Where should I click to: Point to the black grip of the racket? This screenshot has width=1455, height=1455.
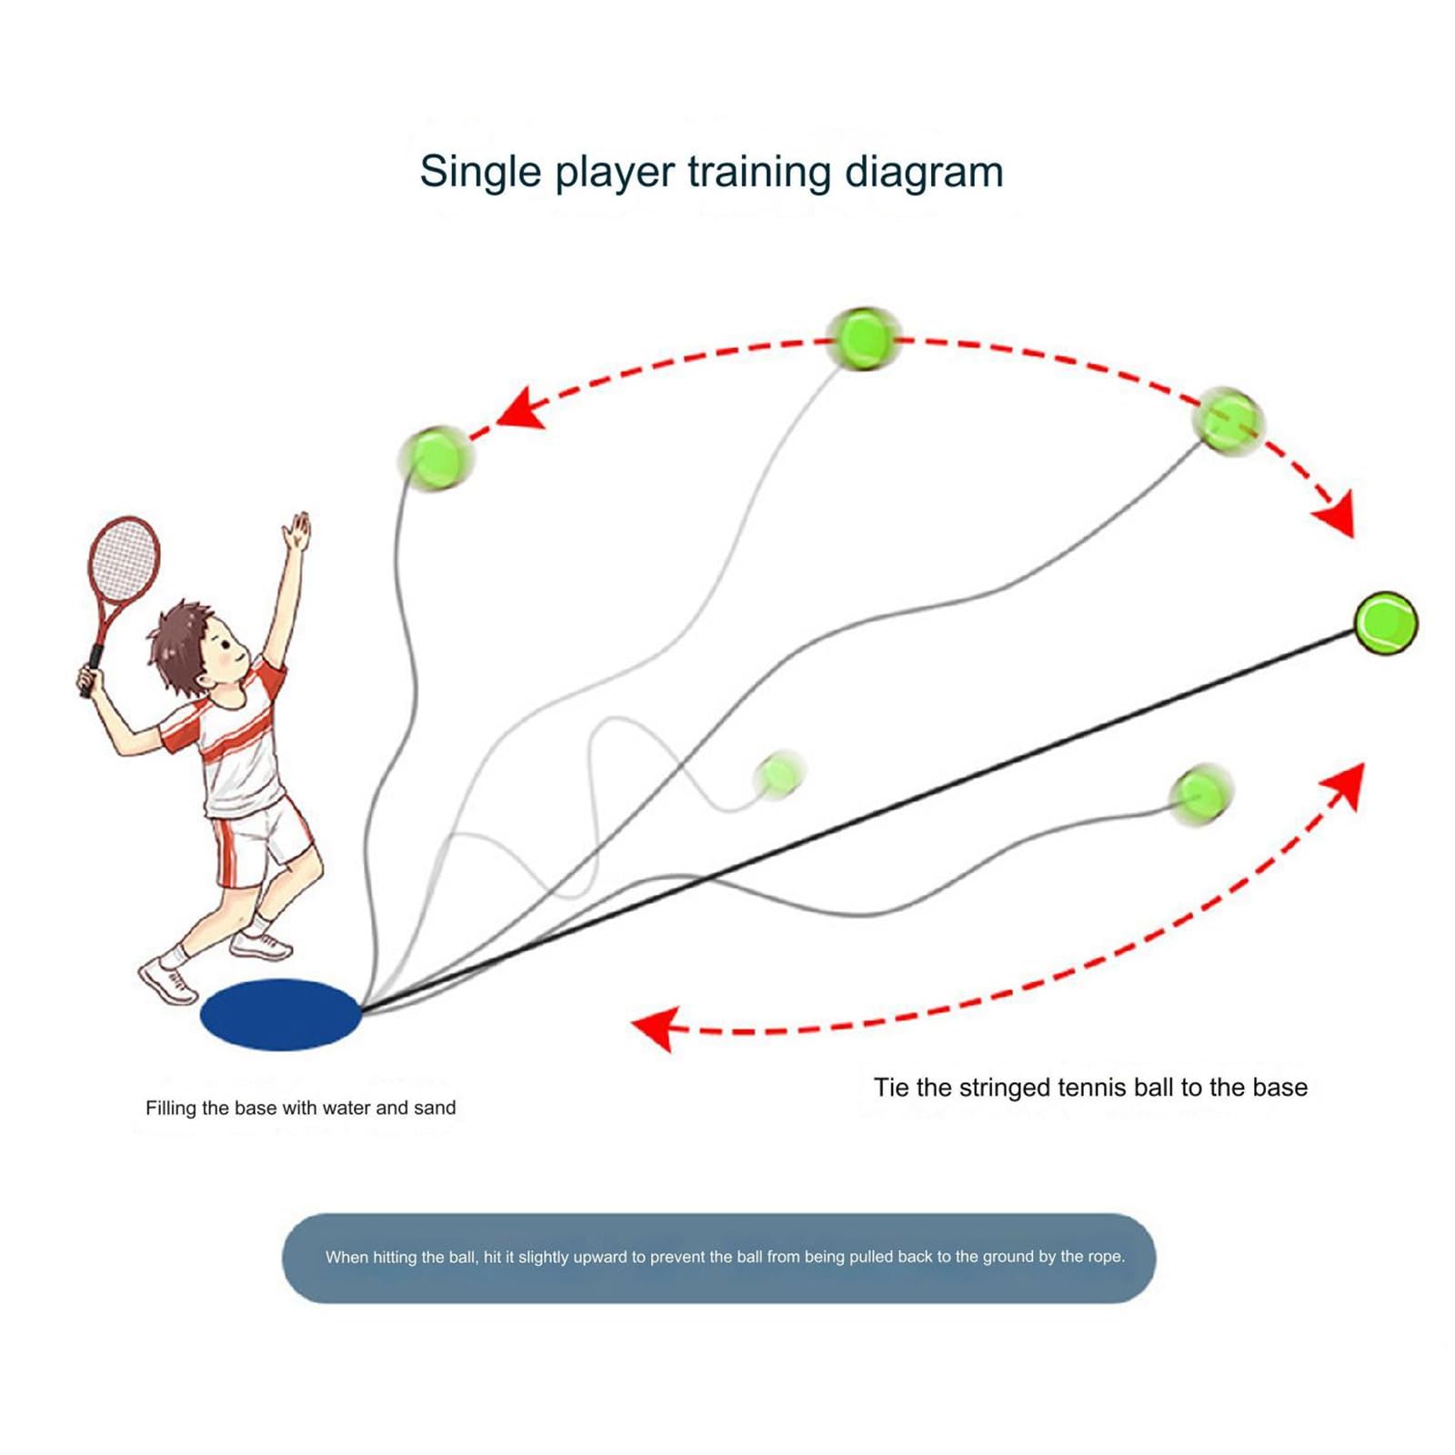[x=93, y=670]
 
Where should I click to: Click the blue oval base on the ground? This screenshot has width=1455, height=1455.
[x=280, y=1014]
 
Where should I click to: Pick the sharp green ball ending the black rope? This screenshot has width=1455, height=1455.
[x=1386, y=623]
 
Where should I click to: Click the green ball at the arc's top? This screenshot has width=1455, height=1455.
[x=863, y=338]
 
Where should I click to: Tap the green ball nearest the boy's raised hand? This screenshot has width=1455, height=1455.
[x=436, y=457]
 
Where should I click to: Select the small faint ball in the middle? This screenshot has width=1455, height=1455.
[x=778, y=775]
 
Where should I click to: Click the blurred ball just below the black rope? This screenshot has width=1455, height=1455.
[x=1200, y=794]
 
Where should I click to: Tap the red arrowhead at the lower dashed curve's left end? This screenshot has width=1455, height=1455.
[x=657, y=1029]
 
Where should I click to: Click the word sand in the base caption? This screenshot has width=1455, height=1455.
[x=435, y=1108]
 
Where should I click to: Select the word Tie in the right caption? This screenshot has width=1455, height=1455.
[x=891, y=1088]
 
